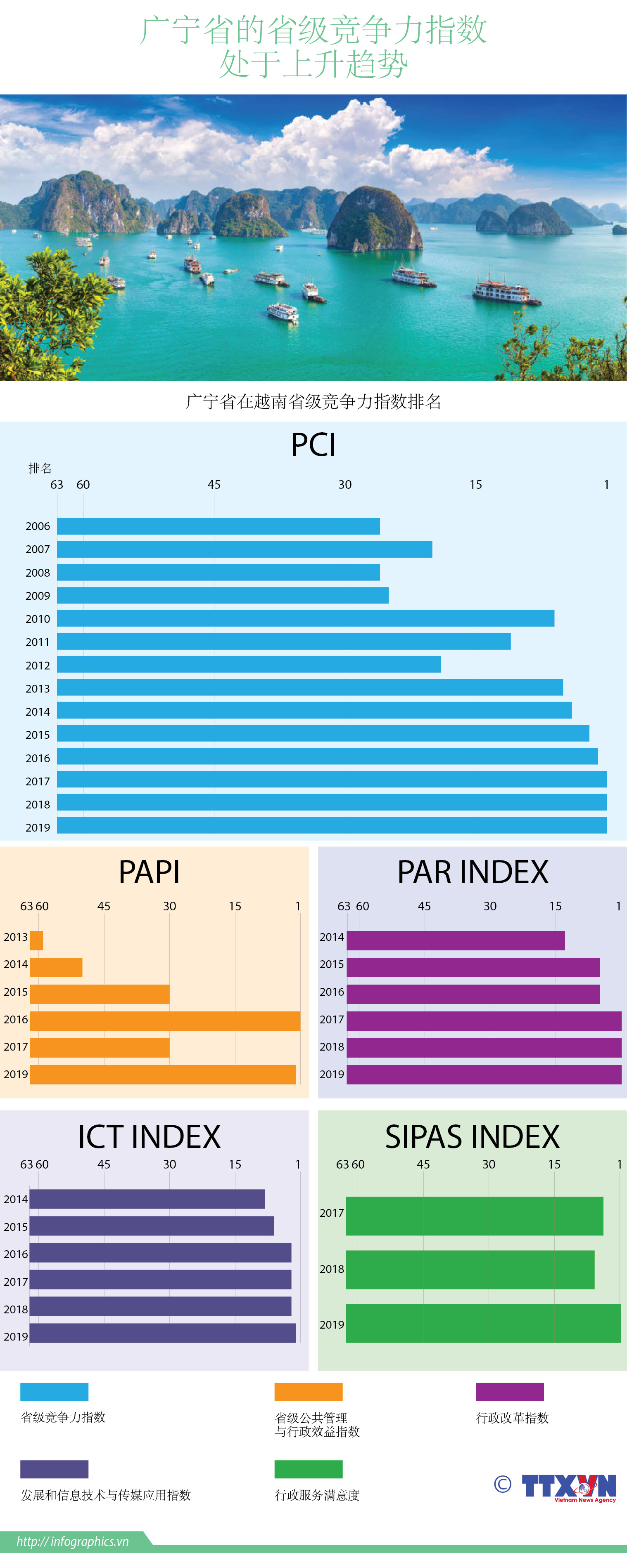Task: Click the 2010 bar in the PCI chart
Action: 305,618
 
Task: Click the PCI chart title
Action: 313,445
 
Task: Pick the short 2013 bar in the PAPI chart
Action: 36,940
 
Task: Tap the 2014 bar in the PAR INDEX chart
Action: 456,940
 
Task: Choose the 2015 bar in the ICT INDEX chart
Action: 152,1225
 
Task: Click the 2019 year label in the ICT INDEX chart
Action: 16,1336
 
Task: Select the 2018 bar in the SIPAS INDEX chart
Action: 470,1270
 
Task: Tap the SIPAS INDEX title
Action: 473,1137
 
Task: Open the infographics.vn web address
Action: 72,1541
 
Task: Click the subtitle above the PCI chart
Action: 313,401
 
